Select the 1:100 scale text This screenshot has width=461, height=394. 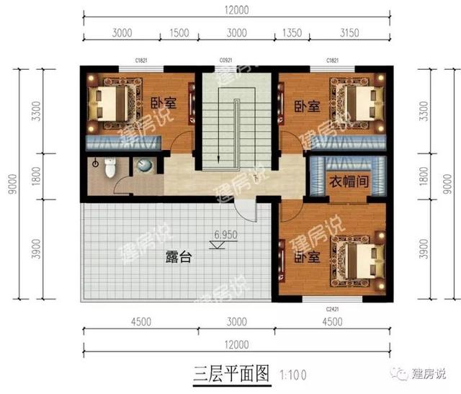tap(290, 375)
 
